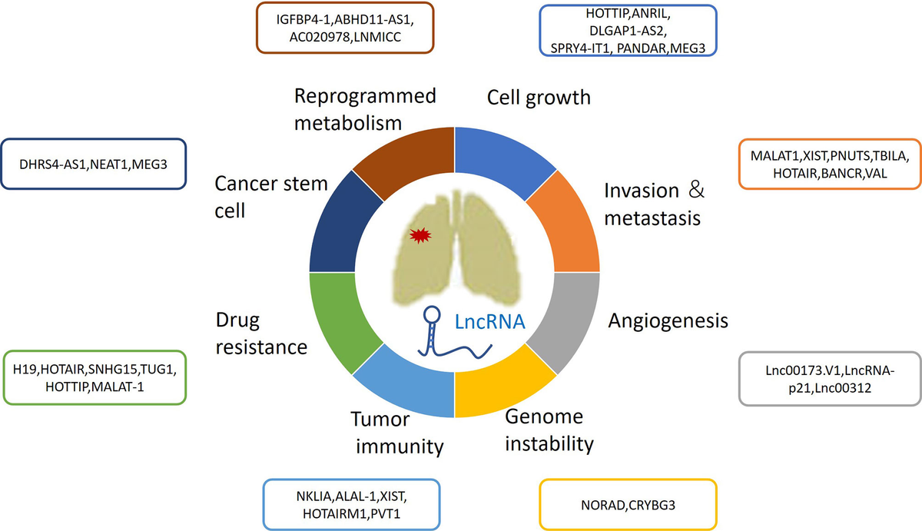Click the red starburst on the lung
point(419,234)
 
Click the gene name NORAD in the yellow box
point(600,505)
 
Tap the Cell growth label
point(539,98)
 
